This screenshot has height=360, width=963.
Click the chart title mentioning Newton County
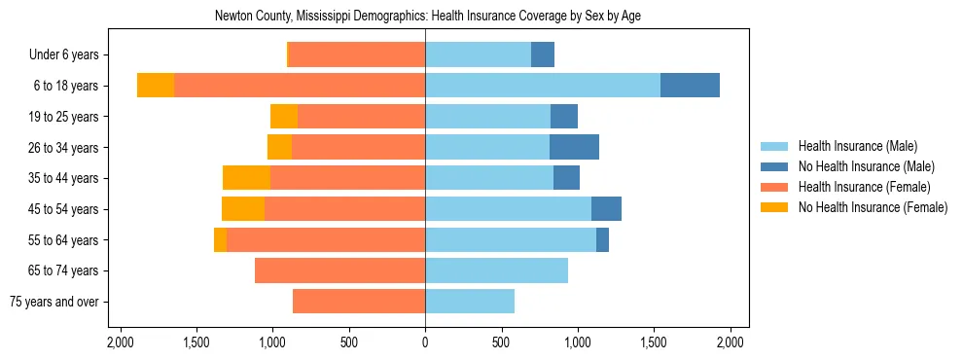coord(427,16)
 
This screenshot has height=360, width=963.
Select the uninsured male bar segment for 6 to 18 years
coord(690,86)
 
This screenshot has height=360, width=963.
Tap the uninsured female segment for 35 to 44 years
coord(246,178)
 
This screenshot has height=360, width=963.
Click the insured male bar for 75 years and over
coord(470,302)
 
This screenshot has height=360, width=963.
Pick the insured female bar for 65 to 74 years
coord(339,270)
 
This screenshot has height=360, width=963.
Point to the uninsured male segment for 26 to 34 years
coord(574,147)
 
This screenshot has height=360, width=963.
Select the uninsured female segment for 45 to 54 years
coord(243,209)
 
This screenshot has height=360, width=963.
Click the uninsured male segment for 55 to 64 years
coord(602,239)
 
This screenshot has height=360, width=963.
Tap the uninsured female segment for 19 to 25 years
coord(284,117)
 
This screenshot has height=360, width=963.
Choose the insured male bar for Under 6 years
coord(478,54)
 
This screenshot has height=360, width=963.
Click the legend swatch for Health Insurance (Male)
coord(774,146)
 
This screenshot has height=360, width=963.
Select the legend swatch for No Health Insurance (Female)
coord(774,207)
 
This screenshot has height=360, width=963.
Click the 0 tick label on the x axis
coord(425,342)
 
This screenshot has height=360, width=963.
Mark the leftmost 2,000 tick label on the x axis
coord(120,342)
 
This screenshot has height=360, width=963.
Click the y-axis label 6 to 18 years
coord(66,86)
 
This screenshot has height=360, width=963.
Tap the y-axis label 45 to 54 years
coord(63,209)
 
